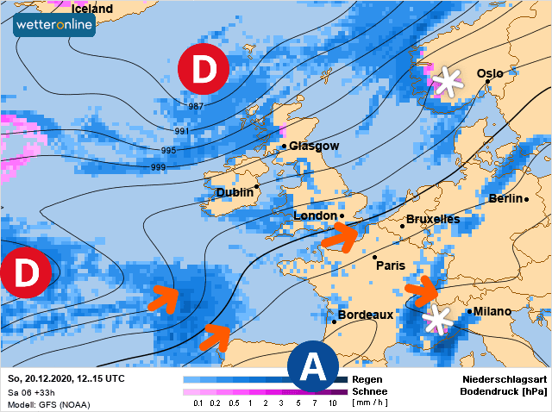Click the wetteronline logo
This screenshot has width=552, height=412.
tap(54, 24)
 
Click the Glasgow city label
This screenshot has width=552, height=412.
tap(314, 147)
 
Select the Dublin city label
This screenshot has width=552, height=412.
tap(235, 192)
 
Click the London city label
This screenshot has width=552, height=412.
tap(315, 215)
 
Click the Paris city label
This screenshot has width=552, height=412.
tap(391, 265)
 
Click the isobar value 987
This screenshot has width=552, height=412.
tap(195, 106)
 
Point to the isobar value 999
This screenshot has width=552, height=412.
tap(158, 166)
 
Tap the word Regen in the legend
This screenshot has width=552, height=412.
tap(367, 379)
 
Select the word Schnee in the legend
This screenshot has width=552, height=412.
tap(370, 391)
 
